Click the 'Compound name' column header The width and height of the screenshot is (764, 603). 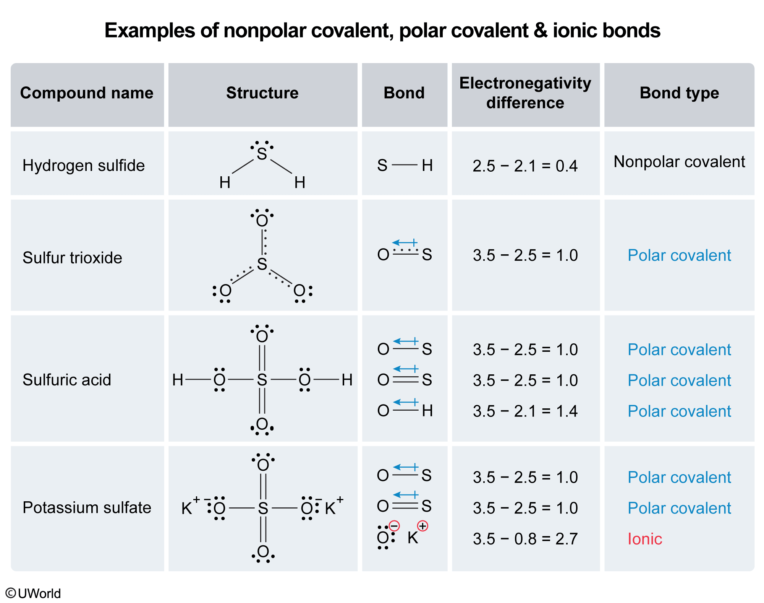pos(87,93)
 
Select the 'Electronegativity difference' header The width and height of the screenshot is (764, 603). pos(525,93)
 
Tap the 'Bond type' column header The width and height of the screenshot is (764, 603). pos(679,93)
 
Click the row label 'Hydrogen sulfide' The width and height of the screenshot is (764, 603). pos(84,166)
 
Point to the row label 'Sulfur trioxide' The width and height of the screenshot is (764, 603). pos(72,258)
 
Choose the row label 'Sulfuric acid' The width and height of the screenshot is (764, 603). pos(67,380)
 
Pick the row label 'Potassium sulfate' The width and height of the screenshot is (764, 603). pos(87,507)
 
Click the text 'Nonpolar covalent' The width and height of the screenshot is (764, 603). pos(679,162)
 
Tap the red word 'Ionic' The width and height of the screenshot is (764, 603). pos(645,539)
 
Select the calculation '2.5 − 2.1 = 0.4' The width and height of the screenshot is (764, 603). pos(525,166)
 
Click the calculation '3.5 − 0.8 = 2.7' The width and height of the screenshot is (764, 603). pos(525,539)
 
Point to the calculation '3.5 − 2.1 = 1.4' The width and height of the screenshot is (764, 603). pos(525,411)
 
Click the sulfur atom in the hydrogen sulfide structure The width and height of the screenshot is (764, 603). pos(262,154)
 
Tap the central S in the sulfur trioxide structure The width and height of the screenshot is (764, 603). pos(262,264)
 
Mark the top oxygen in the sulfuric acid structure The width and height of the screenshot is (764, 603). pos(262,336)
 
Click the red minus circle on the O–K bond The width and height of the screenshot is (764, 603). pos(394,526)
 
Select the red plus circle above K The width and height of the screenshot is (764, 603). pos(422,526)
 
